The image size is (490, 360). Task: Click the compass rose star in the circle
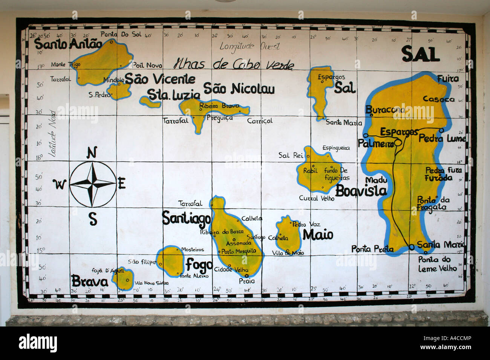click(x=93, y=184)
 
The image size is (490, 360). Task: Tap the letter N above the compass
click(x=92, y=153)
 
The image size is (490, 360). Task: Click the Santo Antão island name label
click(x=68, y=44)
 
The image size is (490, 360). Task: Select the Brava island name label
click(x=90, y=281)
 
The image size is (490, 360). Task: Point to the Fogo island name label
click(x=199, y=265)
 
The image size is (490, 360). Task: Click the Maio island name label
click(x=318, y=235)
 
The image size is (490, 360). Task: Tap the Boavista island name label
click(x=361, y=191)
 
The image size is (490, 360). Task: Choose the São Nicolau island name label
click(x=239, y=88)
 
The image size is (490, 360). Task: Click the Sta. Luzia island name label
click(x=173, y=95)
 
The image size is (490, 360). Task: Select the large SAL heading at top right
click(x=420, y=54)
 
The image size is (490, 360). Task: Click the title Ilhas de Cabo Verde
click(x=233, y=64)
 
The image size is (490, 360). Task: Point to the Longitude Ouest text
click(x=250, y=46)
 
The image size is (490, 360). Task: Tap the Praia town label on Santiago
click(x=247, y=281)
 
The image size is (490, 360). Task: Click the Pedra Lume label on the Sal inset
click(x=442, y=138)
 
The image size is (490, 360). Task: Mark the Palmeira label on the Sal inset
click(x=375, y=143)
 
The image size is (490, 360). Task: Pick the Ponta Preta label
click(x=372, y=249)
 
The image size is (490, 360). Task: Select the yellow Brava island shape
click(x=122, y=279)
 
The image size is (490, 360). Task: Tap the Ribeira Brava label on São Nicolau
click(x=219, y=106)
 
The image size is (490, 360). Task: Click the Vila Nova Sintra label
click(x=151, y=283)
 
